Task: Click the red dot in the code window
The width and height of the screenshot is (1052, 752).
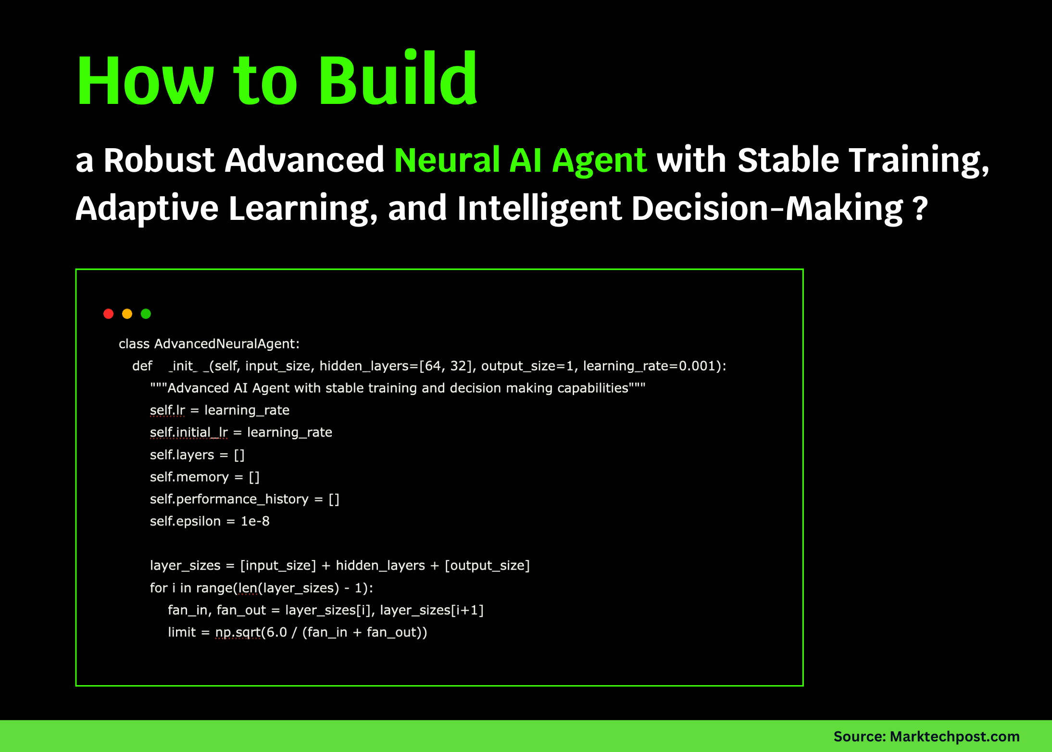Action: [109, 314]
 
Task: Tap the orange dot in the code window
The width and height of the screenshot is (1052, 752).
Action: [127, 314]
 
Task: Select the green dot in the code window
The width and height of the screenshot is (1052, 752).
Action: [146, 314]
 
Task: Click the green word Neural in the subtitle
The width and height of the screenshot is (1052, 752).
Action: [447, 160]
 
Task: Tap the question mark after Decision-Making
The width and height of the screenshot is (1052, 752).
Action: [919, 209]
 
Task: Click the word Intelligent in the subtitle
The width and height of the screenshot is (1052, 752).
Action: [539, 209]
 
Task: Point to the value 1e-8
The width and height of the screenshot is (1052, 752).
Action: [255, 522]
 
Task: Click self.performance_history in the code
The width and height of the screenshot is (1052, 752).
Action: [229, 499]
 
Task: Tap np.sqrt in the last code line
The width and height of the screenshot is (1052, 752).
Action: [238, 632]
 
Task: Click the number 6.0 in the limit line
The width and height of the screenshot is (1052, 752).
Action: [276, 632]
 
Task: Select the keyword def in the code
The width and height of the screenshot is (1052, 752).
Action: [142, 366]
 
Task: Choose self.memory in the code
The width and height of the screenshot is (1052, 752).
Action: [189, 477]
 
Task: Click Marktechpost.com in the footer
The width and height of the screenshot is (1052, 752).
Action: [954, 737]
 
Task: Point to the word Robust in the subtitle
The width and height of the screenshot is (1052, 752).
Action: [159, 160]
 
